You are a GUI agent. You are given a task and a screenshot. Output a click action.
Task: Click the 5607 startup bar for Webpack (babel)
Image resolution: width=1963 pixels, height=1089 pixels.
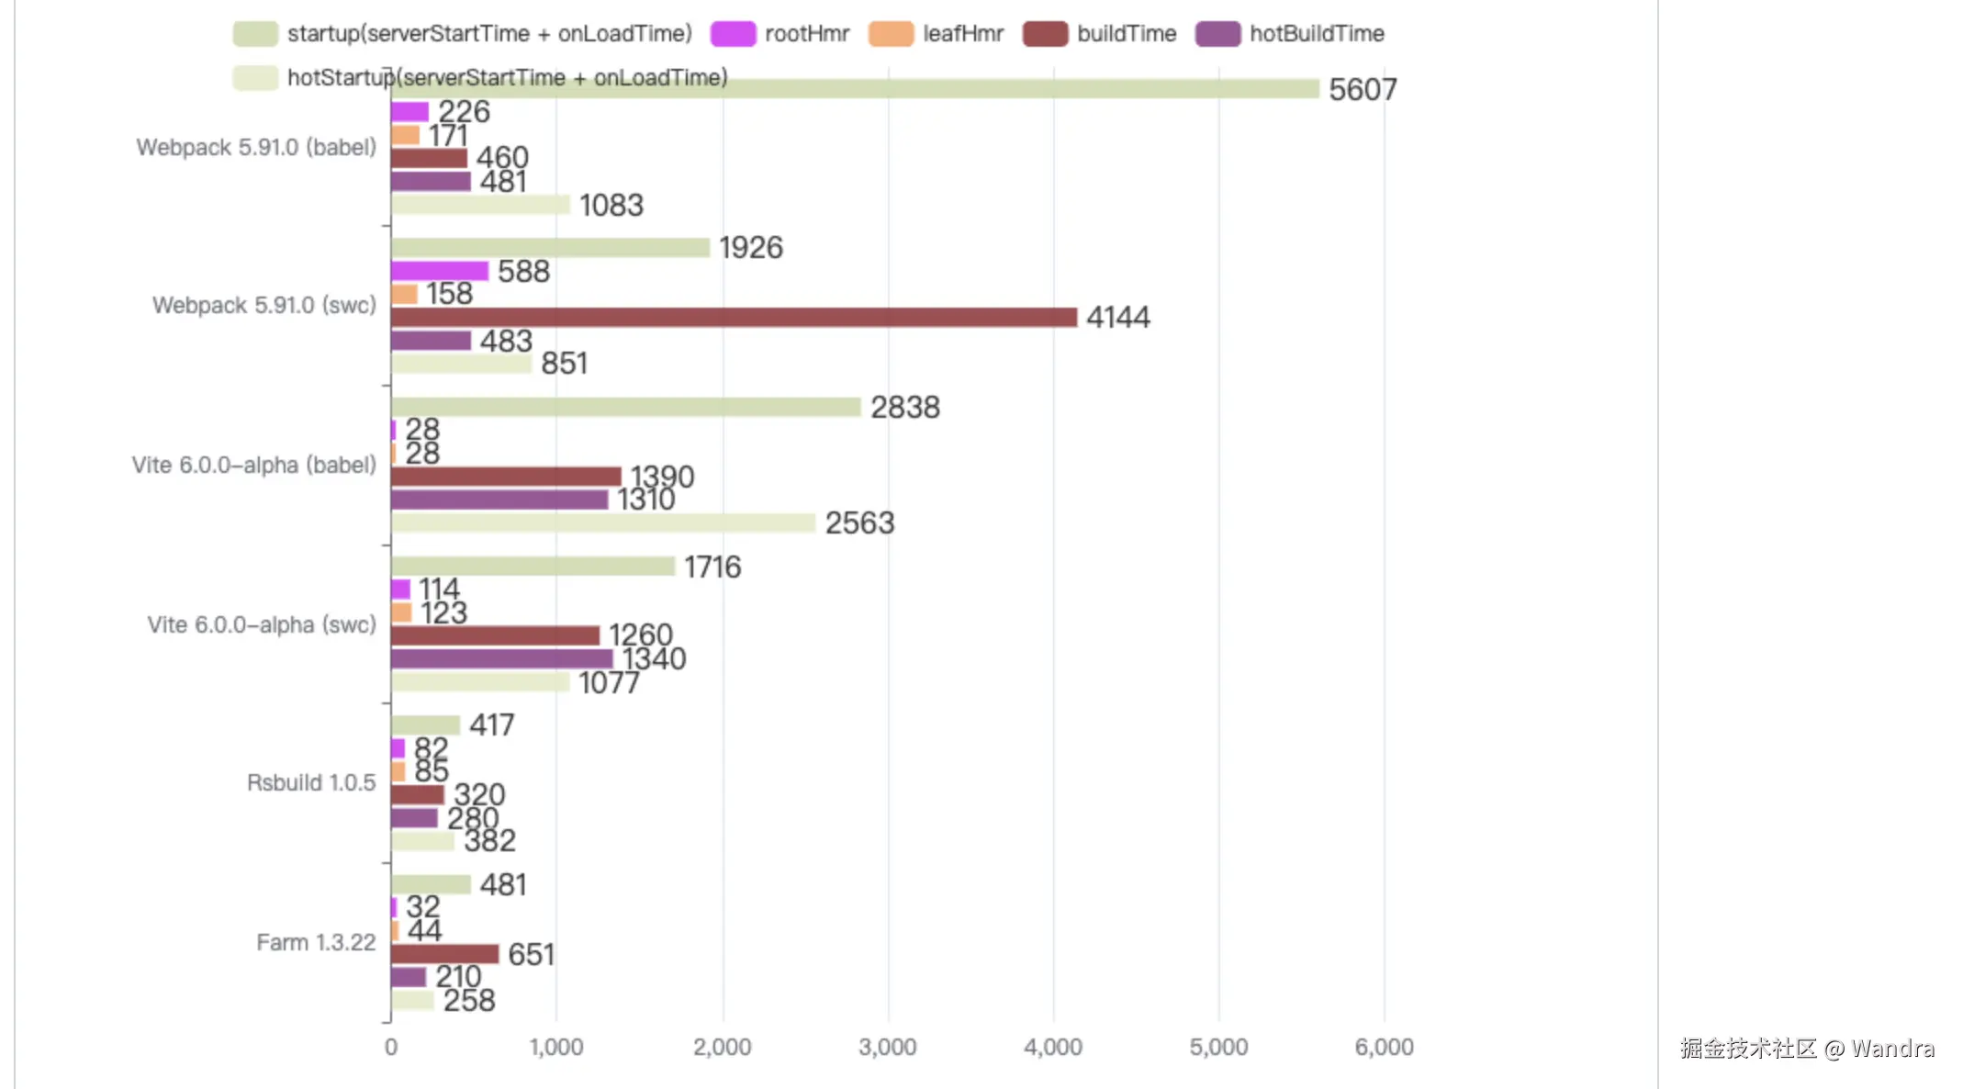[854, 89]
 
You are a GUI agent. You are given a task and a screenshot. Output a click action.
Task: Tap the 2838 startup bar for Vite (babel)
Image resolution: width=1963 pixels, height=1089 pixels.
[625, 408]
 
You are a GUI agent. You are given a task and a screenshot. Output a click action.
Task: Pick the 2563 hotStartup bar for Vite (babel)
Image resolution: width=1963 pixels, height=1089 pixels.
[603, 523]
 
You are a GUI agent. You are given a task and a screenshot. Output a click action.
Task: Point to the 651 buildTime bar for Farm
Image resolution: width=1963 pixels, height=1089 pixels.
[444, 954]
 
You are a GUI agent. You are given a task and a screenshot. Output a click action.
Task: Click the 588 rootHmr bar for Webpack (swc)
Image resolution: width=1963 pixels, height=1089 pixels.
[439, 272]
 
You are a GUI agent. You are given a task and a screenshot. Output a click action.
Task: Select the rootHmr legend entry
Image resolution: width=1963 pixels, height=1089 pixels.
[780, 34]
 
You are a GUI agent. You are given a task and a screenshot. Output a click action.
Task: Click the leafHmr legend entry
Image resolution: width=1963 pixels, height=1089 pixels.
[937, 34]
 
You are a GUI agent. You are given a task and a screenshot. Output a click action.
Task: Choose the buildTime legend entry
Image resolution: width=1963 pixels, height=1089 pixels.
[1100, 34]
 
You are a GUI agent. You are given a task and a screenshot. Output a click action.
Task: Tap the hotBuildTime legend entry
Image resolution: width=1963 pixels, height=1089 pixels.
[1290, 34]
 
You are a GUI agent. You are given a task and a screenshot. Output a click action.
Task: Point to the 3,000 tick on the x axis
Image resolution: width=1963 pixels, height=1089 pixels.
[888, 1048]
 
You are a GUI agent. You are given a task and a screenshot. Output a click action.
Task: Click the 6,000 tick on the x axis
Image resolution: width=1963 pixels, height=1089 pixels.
[1384, 1048]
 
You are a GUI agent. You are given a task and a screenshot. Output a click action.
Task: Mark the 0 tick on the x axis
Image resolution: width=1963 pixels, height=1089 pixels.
[391, 1048]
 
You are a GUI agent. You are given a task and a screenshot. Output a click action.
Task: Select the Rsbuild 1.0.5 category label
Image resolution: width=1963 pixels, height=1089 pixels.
[311, 783]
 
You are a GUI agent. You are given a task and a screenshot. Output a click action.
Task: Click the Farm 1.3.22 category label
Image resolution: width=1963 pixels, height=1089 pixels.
[316, 943]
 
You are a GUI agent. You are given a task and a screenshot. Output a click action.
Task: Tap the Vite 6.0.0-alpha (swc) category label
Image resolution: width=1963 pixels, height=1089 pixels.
[262, 625]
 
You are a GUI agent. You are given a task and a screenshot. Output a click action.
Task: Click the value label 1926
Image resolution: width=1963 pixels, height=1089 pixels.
[751, 248]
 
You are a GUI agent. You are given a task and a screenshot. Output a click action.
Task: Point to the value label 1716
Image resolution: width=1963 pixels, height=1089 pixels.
[712, 567]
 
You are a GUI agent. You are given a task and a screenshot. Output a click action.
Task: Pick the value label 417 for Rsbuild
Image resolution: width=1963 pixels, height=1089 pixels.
[492, 725]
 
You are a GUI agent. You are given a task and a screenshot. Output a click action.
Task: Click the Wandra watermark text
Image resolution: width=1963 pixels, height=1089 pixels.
[1892, 1049]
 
